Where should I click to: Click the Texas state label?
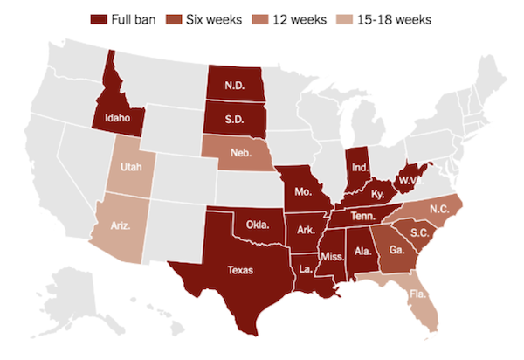coord(239,270)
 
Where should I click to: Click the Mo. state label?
coord(304,190)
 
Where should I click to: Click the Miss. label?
coord(334,258)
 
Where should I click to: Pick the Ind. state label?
coord(359,166)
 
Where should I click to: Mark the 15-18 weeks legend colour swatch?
coord(362,18)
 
